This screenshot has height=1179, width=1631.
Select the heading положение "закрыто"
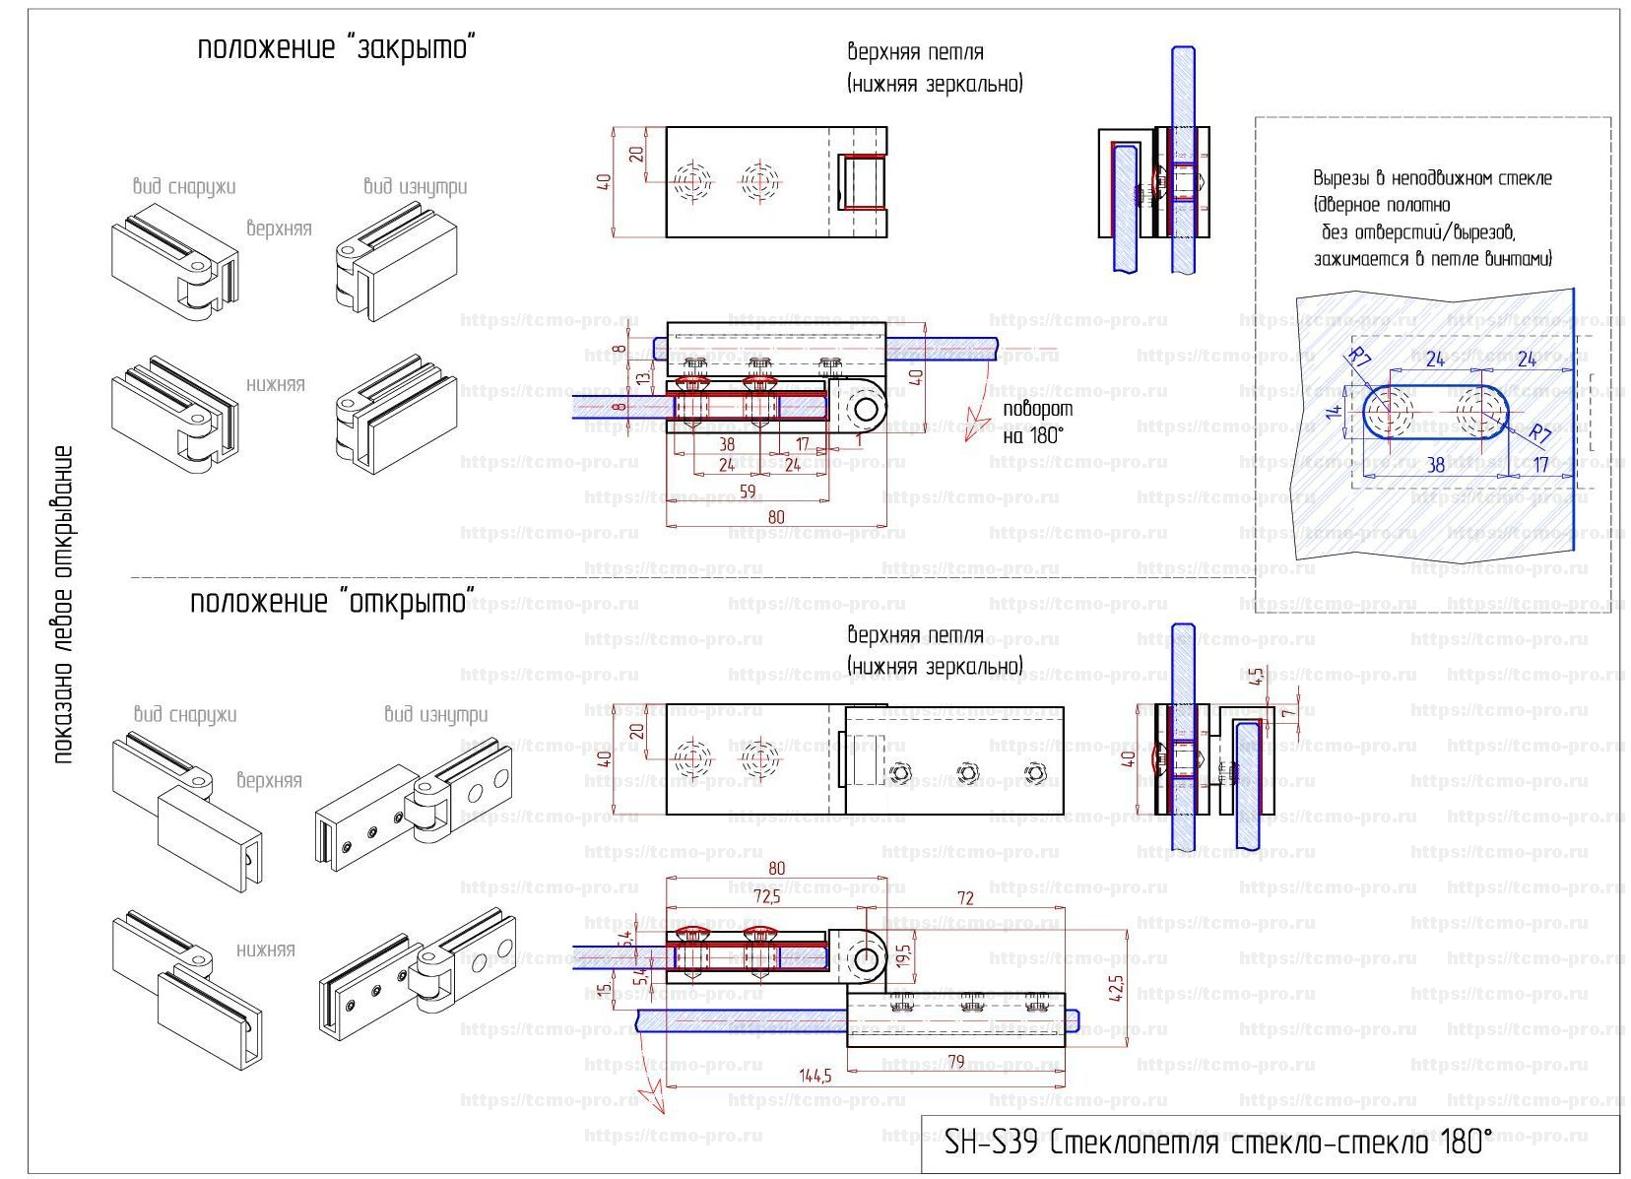[x=337, y=47]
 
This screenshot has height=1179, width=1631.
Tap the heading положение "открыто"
[x=332, y=601]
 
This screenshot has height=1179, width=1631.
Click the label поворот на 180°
[x=1037, y=422]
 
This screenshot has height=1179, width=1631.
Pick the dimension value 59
[x=748, y=491]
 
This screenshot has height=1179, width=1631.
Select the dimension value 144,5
[x=815, y=1075]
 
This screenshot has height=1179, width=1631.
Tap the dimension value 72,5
[x=766, y=896]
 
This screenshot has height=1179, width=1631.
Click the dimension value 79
[x=954, y=1061]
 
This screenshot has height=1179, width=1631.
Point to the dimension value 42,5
[x=1116, y=987]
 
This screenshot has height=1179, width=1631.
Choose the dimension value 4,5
[x=1256, y=677]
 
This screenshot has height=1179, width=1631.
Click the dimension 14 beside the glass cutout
[x=1334, y=412]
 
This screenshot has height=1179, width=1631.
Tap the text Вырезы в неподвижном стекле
[x=1432, y=178]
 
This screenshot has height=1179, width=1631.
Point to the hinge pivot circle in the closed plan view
[x=867, y=408]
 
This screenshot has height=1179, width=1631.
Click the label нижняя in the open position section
[x=265, y=950]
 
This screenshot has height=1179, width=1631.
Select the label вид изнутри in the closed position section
[x=415, y=186]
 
